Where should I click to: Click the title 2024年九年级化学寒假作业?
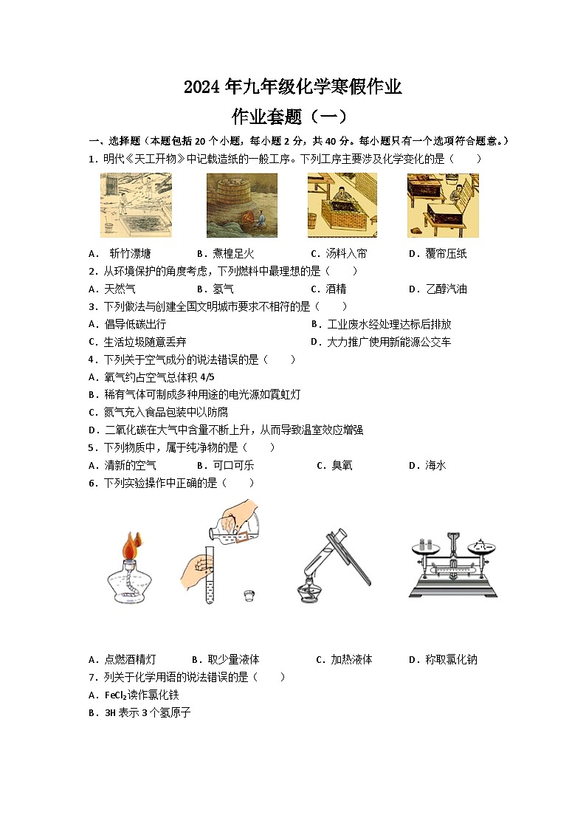292,87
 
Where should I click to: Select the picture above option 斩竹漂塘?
136,204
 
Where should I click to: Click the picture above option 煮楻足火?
241,204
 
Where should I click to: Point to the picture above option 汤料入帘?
342,204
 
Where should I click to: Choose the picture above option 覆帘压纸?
443,204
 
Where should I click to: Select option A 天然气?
120,289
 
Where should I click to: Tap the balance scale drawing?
452,565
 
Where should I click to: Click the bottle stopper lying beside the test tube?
251,594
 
